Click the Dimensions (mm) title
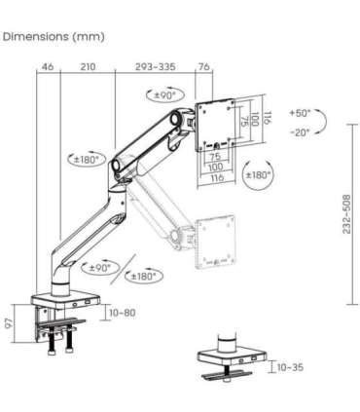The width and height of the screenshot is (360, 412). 54,37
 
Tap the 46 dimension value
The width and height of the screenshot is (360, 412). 47,68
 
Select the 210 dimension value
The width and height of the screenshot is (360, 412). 88,68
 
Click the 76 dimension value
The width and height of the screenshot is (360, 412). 203,68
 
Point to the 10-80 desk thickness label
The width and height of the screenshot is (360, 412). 124,313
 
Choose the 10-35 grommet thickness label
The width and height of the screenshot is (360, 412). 289,368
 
